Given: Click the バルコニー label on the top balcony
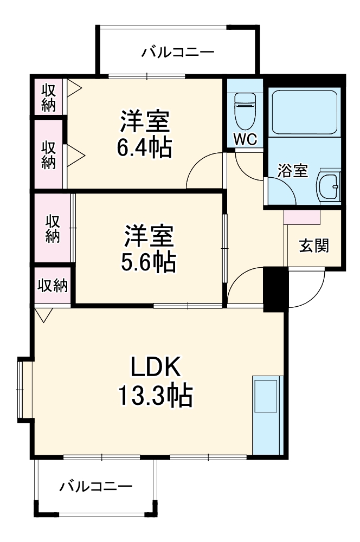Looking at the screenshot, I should [x=178, y=53].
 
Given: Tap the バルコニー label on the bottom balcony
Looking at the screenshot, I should [x=95, y=486].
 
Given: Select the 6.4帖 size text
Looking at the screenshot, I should [x=145, y=147].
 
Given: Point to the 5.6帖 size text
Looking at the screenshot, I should [x=148, y=262].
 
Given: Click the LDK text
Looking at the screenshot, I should [x=155, y=369].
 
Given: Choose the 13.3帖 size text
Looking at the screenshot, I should [x=155, y=396].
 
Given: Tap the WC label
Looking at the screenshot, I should [x=245, y=139].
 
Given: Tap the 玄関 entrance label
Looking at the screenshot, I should [x=314, y=246].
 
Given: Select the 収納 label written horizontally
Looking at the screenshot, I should [x=53, y=286].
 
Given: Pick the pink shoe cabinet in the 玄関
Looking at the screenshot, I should [x=301, y=216].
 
